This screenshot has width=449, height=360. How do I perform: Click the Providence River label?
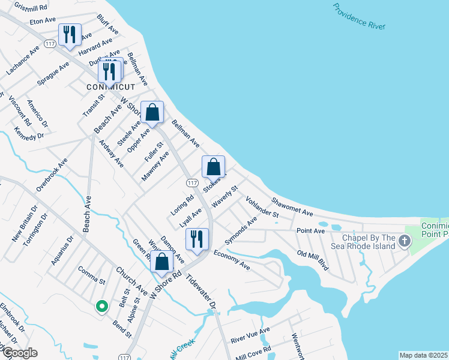point(359,16)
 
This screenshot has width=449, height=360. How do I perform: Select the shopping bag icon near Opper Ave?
point(152,112)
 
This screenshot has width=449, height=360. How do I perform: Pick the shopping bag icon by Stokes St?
point(213,167)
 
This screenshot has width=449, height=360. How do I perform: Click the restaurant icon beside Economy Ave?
point(197,239)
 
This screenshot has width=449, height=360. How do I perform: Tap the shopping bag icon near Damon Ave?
point(161,262)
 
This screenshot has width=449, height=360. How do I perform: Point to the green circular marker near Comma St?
point(102,307)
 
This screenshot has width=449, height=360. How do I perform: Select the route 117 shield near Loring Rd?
point(192,182)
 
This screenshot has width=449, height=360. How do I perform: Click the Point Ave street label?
point(310,230)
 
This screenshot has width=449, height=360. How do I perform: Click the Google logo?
point(19,353)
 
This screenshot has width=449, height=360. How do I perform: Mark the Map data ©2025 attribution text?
point(423,355)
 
